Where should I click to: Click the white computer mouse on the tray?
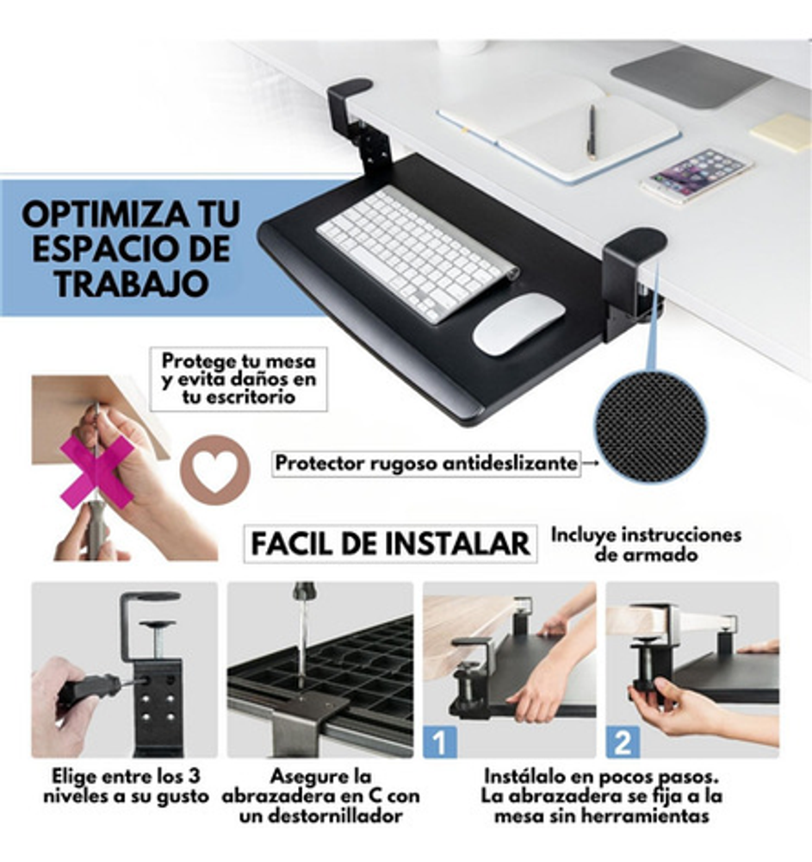pyautogui.click(x=518, y=322)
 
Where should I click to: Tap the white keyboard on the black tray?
pyautogui.click(x=417, y=253)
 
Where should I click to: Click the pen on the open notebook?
pyautogui.click(x=592, y=132)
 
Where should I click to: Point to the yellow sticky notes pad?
pyautogui.click(x=782, y=133)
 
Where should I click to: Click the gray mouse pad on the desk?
pyautogui.click(x=691, y=77)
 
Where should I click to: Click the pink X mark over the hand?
pyautogui.click(x=97, y=472)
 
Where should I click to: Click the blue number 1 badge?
pyautogui.click(x=440, y=741)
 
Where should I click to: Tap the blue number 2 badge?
pyautogui.click(x=623, y=741)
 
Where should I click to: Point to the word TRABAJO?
pyautogui.click(x=132, y=283)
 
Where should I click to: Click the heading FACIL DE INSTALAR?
pyautogui.click(x=390, y=544)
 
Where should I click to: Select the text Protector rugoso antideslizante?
pyautogui.click(x=426, y=464)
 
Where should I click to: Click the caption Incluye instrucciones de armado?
pyautogui.click(x=646, y=544)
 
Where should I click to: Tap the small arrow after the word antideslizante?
pyautogui.click(x=590, y=464)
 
